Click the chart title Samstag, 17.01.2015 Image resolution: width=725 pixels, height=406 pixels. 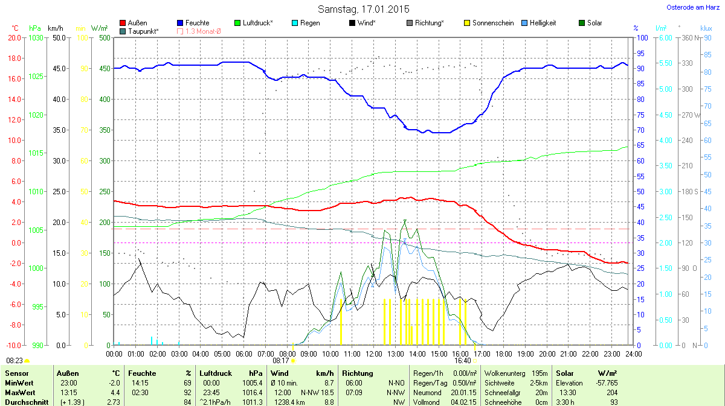363,9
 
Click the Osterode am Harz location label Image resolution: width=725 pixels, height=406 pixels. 689,7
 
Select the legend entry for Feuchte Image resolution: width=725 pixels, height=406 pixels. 197,23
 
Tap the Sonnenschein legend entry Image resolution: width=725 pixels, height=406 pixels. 492,23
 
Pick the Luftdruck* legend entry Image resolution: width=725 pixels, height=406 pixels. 257,23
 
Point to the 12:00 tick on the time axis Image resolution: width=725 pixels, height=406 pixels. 373,354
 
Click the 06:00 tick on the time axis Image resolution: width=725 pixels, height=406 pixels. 243,354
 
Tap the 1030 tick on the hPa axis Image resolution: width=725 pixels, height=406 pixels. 36,37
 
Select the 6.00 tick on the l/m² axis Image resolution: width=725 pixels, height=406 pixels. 665,37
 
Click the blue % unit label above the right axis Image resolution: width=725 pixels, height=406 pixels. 636,28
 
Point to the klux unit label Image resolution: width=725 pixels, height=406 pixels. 706,28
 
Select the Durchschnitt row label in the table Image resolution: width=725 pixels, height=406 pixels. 27,402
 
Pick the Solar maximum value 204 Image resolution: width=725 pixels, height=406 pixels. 611,393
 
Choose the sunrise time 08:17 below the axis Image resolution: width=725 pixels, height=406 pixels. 281,361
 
